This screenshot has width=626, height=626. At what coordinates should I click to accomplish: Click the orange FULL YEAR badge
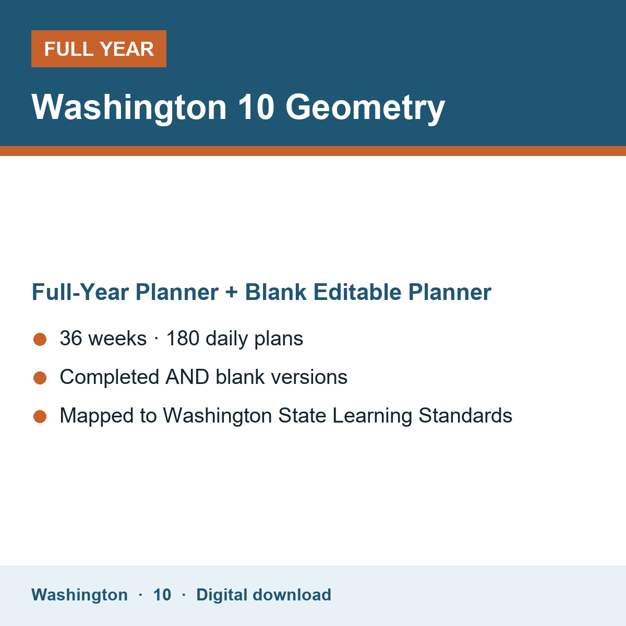[99, 49]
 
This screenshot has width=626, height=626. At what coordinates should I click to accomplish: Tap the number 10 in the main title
[256, 107]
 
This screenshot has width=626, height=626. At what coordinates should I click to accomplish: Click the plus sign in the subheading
[232, 292]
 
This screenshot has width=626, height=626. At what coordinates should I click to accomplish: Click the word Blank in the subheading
[275, 292]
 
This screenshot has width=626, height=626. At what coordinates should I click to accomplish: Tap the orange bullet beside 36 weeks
[40, 340]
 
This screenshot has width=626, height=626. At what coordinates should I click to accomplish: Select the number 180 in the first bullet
[183, 338]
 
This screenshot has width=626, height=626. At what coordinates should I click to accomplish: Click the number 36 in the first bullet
[71, 338]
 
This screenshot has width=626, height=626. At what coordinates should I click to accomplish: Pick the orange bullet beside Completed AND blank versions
[40, 378]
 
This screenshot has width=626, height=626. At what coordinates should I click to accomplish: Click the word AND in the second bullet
[187, 377]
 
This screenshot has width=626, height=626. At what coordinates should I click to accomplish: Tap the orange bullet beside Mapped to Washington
[40, 416]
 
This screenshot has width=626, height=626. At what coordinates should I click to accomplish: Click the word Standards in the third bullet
[465, 415]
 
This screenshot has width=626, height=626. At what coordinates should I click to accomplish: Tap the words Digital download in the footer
[264, 595]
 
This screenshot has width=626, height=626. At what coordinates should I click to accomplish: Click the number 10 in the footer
[162, 595]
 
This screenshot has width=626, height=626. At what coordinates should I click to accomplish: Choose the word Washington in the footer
[80, 595]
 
